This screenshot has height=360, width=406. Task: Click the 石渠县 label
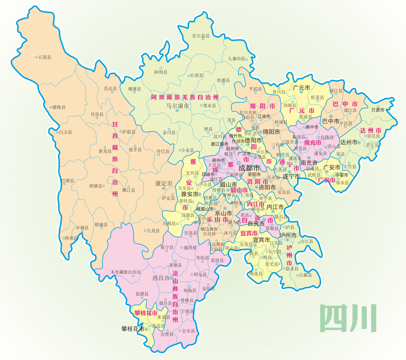point(45,57)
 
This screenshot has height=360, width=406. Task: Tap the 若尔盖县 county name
point(201,36)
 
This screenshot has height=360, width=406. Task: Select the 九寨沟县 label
point(236,58)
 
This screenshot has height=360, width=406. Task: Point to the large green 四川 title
point(348,318)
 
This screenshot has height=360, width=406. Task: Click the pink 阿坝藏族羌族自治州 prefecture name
point(185,97)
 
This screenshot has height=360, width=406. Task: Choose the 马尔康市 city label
point(177,106)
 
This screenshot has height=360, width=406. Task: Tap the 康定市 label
point(164,184)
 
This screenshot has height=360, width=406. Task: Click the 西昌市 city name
point(161,278)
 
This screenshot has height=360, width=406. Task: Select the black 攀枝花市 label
point(133,329)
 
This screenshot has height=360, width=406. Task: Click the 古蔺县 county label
point(305,275)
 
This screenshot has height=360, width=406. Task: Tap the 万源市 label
point(378,110)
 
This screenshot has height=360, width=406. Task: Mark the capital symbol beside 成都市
point(239,163)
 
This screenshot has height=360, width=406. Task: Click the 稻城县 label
point(101,225)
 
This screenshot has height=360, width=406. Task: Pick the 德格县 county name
point(59,107)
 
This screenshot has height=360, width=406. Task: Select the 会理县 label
point(167,334)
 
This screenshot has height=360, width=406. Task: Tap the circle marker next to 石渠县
point(37,57)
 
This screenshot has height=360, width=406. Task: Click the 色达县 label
point(110,89)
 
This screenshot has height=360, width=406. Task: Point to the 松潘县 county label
point(223,80)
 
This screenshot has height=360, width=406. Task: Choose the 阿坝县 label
point(161,72)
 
